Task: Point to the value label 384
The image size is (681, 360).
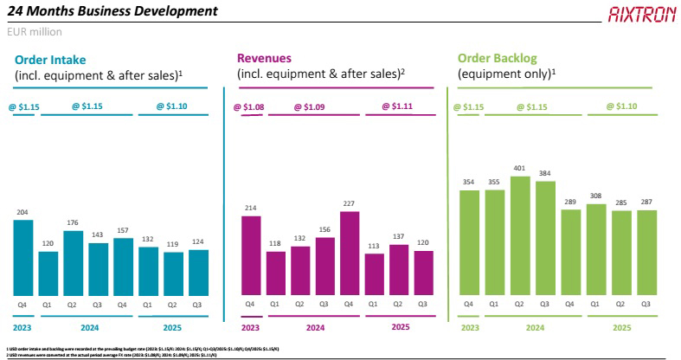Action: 545,172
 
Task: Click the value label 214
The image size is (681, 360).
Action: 251,208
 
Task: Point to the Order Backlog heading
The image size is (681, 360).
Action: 498,58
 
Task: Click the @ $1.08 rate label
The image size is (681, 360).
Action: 249,106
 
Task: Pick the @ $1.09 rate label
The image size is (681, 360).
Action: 310,106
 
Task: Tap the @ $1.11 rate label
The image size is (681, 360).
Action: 400,106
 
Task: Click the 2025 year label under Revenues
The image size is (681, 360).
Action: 401,327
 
